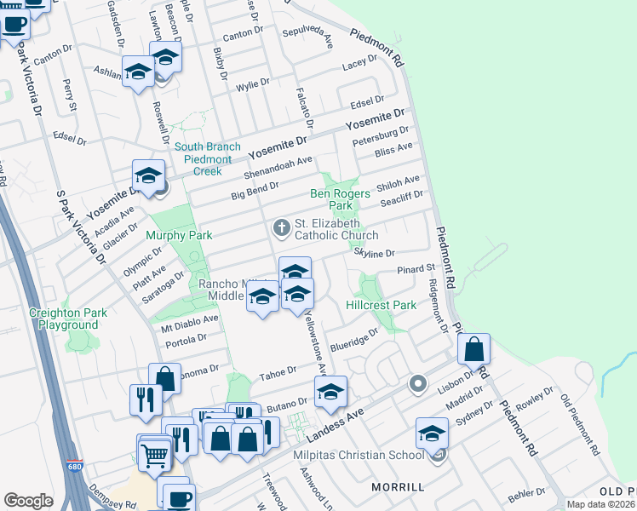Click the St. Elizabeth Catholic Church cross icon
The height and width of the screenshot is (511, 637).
point(281,227)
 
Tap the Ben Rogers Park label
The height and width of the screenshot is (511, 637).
point(340,199)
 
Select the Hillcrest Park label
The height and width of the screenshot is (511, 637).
point(381,305)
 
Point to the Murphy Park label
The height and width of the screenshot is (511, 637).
point(176,235)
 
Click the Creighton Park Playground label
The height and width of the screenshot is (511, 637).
point(68,319)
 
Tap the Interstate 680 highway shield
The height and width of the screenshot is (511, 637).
point(76,468)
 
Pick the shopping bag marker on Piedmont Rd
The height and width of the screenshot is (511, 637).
point(473,349)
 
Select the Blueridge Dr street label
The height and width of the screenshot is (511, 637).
point(353,339)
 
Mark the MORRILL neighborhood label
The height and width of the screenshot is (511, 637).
point(398,486)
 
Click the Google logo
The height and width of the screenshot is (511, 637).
point(28,500)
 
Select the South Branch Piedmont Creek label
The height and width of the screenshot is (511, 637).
point(207,158)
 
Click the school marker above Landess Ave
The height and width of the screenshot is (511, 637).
point(330,392)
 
